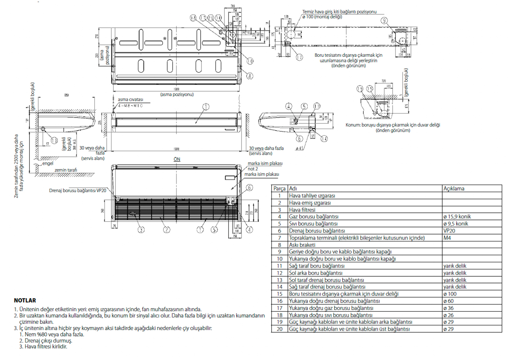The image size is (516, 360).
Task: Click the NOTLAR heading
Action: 25,301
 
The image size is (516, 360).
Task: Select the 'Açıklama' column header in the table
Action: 454,189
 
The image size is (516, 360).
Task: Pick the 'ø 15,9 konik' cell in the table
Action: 457,217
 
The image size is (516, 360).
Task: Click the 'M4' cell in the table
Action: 447,238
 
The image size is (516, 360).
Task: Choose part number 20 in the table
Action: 280,329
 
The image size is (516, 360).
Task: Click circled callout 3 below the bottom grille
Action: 141,229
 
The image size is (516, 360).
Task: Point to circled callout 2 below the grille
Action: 167,229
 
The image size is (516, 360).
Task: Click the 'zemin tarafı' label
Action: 66,169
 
